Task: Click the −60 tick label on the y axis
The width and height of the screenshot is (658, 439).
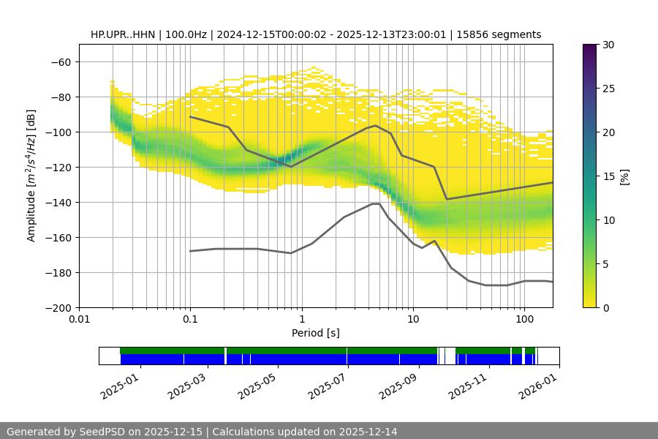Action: pyautogui.click(x=59, y=61)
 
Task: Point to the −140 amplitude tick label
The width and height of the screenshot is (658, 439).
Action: pyautogui.click(x=56, y=202)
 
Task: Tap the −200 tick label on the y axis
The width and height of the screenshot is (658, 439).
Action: pyautogui.click(x=56, y=307)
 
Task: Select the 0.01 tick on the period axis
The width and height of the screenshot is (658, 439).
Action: pyautogui.click(x=79, y=319)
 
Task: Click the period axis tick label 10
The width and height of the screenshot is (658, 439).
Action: pyautogui.click(x=413, y=319)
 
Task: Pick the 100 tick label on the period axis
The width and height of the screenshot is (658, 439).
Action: pyautogui.click(x=523, y=319)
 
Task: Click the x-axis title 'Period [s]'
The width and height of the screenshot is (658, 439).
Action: pyautogui.click(x=316, y=333)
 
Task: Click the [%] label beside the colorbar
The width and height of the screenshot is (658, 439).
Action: pyautogui.click(x=624, y=176)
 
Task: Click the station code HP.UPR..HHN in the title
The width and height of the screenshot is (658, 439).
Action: pyautogui.click(x=121, y=34)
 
